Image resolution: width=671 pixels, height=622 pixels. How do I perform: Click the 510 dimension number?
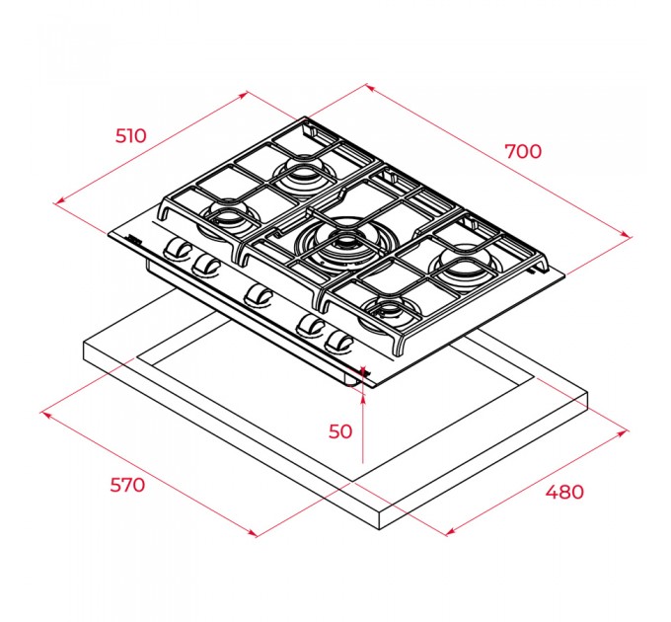point(131,135)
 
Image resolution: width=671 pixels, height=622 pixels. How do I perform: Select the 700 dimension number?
point(523,151)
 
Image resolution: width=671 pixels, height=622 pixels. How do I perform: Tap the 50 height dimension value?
point(340,431)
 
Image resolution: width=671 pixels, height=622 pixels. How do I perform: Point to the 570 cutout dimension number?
point(127,485)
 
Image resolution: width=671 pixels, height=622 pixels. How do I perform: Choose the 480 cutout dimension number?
point(564,492)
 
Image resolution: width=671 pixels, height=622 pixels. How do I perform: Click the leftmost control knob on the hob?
point(178,249)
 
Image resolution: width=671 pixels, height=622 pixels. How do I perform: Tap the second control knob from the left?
point(205,265)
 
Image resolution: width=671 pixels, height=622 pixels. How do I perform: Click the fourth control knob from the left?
point(311,326)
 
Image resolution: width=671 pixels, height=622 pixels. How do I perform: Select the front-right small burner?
point(389,313)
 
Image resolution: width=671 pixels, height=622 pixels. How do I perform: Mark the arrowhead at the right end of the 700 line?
point(626,234)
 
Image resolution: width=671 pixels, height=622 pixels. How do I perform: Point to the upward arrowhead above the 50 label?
point(363,397)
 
